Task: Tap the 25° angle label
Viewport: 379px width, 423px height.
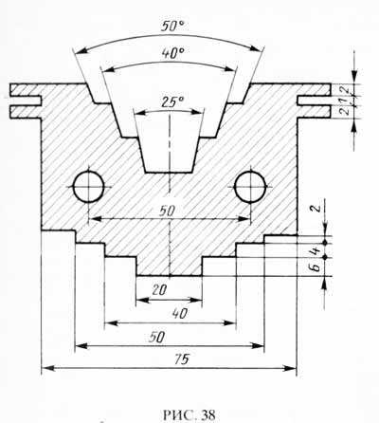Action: click(172, 102)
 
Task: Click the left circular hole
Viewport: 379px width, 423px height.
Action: click(89, 187)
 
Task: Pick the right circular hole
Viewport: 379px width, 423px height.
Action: click(251, 187)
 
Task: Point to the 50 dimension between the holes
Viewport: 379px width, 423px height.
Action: click(167, 211)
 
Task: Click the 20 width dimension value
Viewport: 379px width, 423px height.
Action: click(159, 289)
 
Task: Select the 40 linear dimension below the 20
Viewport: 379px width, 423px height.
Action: click(179, 314)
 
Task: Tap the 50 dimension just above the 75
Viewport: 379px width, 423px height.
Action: click(156, 337)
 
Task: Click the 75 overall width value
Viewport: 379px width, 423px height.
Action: click(181, 359)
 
